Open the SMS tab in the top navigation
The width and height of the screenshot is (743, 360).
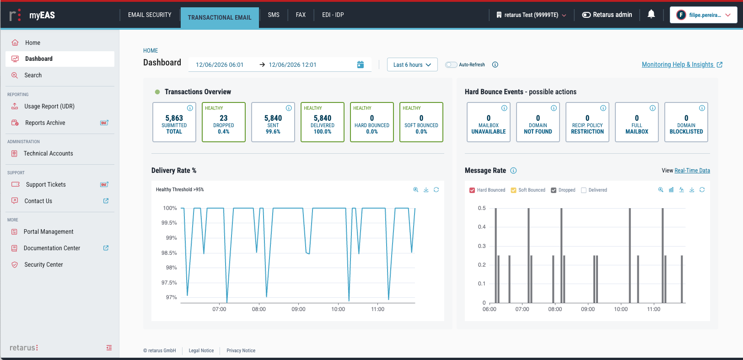pos(274,15)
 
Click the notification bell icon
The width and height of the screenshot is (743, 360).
pos(651,14)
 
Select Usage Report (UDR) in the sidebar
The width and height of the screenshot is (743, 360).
pos(49,107)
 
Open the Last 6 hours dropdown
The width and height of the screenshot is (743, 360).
pos(412,64)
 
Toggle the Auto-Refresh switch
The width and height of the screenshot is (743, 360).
pos(451,64)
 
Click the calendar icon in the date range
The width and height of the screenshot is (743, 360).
pos(360,64)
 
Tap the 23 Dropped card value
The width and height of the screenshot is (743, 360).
pos(224,118)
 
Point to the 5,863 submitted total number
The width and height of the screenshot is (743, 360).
pos(174,118)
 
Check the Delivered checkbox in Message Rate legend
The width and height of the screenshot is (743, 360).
pos(584,190)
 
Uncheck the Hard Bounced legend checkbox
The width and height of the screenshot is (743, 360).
pos(472,190)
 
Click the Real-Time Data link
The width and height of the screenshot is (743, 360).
pos(692,170)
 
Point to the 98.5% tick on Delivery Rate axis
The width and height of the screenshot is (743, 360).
pos(169,253)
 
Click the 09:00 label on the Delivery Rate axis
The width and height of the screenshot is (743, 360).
pos(298,309)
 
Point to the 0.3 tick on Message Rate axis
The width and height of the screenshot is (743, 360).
pos(482,246)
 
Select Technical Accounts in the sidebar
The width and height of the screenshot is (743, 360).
pos(48,154)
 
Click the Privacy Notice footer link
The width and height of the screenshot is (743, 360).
pos(241,350)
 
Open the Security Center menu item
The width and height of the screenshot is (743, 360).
pos(43,264)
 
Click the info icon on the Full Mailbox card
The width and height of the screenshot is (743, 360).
pos(652,108)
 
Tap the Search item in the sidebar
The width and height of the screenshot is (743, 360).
pos(33,75)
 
